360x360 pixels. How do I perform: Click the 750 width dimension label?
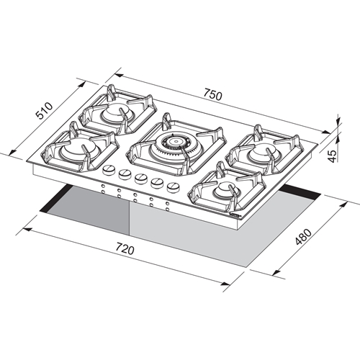(x=213, y=94)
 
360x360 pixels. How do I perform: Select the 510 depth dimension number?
(x=44, y=111)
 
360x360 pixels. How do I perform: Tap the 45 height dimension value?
(x=332, y=156)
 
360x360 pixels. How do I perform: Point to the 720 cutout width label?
(x=125, y=248)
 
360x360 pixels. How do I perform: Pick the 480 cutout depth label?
(x=303, y=237)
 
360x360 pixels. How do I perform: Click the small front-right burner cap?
(x=225, y=189)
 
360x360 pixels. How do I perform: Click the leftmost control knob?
(x=109, y=170)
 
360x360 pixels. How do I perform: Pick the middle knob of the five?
(x=141, y=179)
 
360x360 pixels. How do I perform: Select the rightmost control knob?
(x=174, y=187)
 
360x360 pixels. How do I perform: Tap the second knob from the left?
(x=125, y=174)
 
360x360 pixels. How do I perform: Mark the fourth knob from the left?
(x=158, y=183)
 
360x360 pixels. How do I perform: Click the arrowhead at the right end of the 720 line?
(x=225, y=284)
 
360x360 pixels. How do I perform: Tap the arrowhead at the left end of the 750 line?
(x=119, y=76)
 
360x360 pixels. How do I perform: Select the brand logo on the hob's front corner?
(x=235, y=215)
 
